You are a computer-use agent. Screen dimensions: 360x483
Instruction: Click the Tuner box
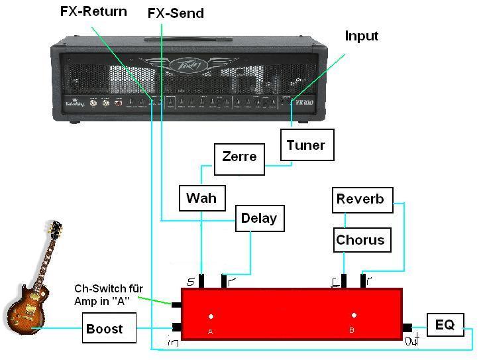(x=305, y=145)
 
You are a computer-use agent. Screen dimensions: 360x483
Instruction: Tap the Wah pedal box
(x=201, y=198)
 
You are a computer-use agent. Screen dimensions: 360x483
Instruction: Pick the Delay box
(x=259, y=218)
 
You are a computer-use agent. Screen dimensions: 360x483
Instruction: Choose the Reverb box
(x=360, y=199)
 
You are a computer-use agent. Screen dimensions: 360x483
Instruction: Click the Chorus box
(x=360, y=239)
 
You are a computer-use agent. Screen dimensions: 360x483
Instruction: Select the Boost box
(x=105, y=329)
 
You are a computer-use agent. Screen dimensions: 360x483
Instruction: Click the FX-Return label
(x=93, y=12)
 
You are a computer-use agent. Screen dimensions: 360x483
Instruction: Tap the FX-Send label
(x=175, y=13)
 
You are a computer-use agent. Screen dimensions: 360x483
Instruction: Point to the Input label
(x=361, y=36)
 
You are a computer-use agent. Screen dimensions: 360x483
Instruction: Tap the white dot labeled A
(x=211, y=316)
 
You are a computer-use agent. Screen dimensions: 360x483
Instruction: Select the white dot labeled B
(x=354, y=316)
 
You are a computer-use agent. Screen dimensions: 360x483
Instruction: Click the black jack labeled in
(x=176, y=326)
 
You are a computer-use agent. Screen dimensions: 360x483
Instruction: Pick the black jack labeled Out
(x=407, y=327)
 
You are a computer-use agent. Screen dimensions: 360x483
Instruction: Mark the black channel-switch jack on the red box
(x=176, y=305)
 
